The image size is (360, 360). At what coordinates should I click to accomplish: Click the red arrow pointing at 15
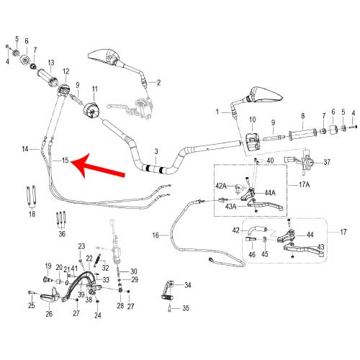[99, 166]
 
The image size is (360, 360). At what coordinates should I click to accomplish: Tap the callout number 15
[66, 160]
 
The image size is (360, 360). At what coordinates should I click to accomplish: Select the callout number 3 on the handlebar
[156, 151]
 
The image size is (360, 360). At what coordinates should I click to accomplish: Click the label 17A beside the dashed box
[304, 184]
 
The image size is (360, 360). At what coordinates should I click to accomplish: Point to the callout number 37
[327, 162]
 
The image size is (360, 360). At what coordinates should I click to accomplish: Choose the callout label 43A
[231, 207]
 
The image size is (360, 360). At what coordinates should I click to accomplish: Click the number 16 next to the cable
[156, 235]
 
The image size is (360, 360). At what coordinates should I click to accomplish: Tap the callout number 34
[188, 285]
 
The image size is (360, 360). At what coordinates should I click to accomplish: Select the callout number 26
[49, 314]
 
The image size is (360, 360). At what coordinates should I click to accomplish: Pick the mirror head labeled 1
[266, 94]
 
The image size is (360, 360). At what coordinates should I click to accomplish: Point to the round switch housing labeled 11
[91, 110]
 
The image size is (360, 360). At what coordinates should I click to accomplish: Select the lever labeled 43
[304, 251]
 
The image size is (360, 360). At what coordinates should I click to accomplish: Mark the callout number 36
[62, 234]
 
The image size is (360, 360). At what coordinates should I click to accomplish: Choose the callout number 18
[32, 214]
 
